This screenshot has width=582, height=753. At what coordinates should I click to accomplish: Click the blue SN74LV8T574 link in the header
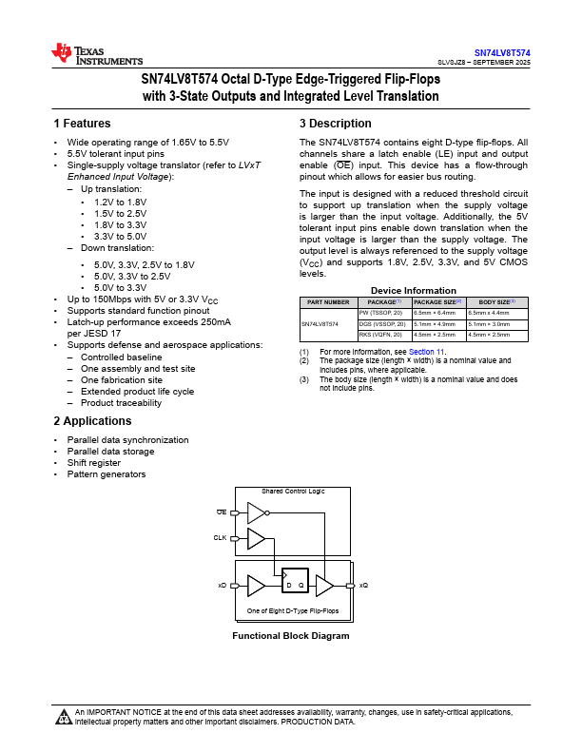[502, 52]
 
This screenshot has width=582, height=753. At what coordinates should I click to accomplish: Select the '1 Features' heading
[82, 124]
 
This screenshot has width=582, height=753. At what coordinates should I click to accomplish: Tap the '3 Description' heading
[335, 124]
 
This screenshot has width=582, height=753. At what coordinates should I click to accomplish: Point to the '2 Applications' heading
[92, 421]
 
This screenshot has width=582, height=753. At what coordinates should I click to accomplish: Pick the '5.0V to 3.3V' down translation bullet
[120, 287]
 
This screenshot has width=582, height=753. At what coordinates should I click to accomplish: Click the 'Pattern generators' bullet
[106, 474]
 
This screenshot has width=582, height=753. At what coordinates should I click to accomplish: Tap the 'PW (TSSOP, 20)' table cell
[382, 312]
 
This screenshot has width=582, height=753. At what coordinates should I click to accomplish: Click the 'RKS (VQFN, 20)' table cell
[382, 335]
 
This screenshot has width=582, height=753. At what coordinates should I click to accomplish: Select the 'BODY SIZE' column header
[496, 301]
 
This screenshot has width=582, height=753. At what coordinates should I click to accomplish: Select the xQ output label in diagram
[364, 586]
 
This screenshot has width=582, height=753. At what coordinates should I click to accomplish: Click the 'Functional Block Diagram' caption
[291, 636]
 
